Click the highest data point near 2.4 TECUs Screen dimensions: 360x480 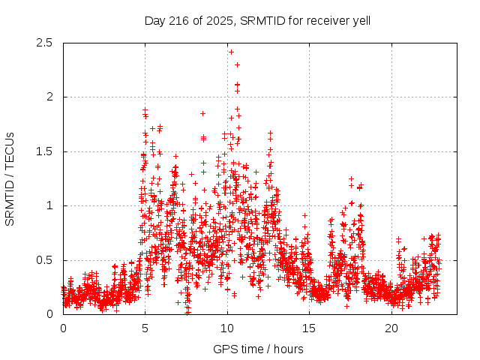(x=231, y=52)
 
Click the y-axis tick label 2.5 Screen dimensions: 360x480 (x=44, y=43)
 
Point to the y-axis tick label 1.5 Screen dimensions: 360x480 (x=44, y=151)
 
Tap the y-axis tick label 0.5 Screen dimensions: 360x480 (x=44, y=260)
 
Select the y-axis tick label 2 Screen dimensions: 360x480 (x=49, y=97)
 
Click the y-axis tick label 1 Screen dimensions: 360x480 (x=49, y=205)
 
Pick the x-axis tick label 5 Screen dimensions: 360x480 (x=145, y=328)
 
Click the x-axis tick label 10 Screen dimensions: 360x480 (x=227, y=328)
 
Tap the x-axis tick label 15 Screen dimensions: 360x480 (x=310, y=328)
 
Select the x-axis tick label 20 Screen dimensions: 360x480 (x=391, y=328)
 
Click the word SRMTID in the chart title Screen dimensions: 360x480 (x=259, y=20)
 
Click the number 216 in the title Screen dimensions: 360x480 (x=177, y=20)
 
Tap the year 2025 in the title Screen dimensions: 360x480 (x=220, y=20)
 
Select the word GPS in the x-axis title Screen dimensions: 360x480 (x=223, y=349)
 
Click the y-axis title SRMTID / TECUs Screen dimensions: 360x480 (x=10, y=178)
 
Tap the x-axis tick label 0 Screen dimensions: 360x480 (x=63, y=328)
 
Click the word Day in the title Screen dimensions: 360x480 (x=154, y=20)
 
